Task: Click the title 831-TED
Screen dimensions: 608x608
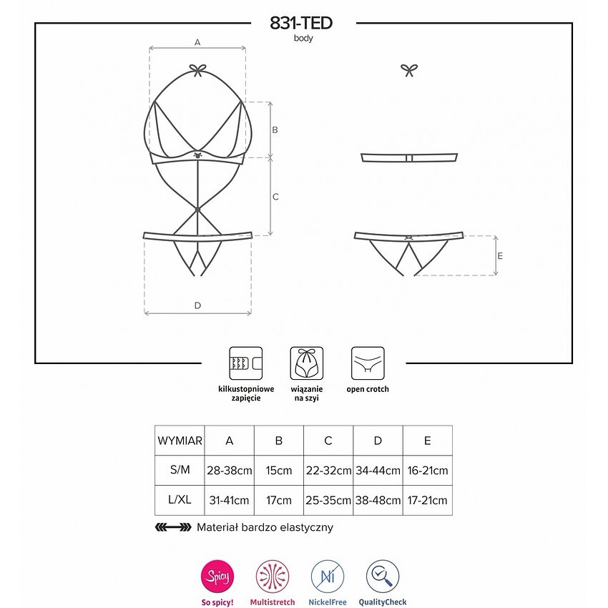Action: pos(301,24)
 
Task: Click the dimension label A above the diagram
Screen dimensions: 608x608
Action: pos(197,42)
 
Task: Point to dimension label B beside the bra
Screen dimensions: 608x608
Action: pos(275,130)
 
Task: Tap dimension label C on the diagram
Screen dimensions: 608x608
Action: pos(275,197)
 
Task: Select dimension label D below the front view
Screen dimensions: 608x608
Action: pos(197,305)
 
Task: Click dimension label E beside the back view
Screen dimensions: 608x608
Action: pos(500,256)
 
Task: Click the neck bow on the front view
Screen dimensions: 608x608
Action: pos(197,71)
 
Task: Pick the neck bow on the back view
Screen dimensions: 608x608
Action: pos(409,70)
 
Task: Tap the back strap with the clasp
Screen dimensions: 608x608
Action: pos(409,158)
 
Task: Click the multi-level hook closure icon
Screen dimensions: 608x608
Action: pos(246,363)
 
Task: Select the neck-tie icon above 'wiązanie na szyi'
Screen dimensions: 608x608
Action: pos(307,363)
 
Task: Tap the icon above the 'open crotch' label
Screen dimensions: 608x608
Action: pos(368,363)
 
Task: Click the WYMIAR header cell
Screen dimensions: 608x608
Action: pos(180,441)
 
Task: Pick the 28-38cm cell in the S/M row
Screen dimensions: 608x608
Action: pos(229,471)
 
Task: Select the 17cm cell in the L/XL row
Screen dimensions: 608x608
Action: pos(279,500)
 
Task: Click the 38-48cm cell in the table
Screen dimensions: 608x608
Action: pos(378,500)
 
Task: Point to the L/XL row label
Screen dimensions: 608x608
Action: pos(180,499)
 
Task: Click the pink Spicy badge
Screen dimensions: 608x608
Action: pos(217,577)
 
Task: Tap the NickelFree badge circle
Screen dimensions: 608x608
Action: pos(328,577)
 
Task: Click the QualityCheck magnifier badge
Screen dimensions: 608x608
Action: pos(383,577)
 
